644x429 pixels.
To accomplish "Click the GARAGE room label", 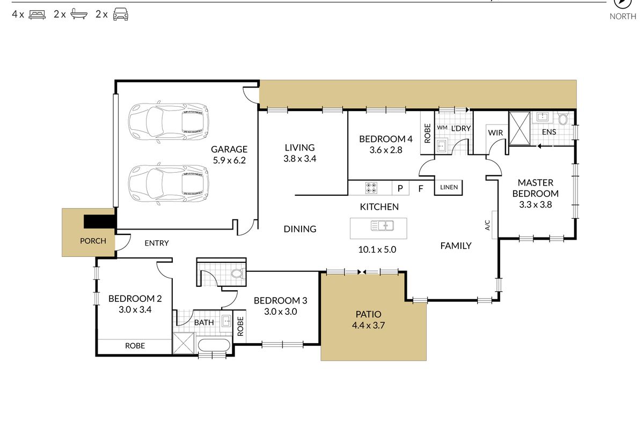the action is click(229, 149).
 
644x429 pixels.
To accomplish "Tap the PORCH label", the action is click(93, 241).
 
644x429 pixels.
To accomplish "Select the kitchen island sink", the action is click(382, 226).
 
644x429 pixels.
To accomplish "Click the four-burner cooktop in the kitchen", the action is click(371, 188).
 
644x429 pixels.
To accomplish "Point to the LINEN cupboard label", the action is click(449, 187).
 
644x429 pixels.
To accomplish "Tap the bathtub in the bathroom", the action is click(214, 345).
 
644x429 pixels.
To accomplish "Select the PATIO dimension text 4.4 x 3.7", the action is click(368, 326).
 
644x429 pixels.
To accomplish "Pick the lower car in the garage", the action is click(169, 183).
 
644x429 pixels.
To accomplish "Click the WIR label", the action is click(495, 133).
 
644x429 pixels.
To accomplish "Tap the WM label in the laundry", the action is click(442, 127).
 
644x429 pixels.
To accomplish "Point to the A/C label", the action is click(487, 225).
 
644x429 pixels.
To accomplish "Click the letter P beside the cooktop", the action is click(400, 188).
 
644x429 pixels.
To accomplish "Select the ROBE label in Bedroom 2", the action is click(135, 346).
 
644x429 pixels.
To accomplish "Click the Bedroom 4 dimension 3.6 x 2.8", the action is click(386, 150).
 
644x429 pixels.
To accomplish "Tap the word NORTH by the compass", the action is click(623, 17).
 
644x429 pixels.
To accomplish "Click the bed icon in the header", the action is click(37, 14).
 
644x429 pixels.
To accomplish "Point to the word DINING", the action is click(300, 229).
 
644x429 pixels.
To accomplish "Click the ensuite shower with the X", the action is click(519, 128).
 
